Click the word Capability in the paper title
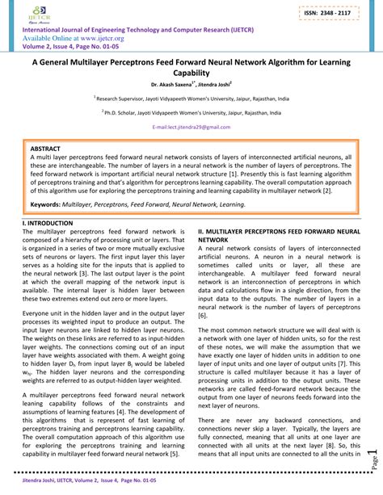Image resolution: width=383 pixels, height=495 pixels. point(191,72)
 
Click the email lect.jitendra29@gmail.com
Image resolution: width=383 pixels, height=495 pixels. point(191,128)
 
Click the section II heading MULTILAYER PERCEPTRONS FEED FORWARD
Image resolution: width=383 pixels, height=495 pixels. point(278,231)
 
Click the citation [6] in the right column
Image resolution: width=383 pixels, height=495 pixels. point(202,316)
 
